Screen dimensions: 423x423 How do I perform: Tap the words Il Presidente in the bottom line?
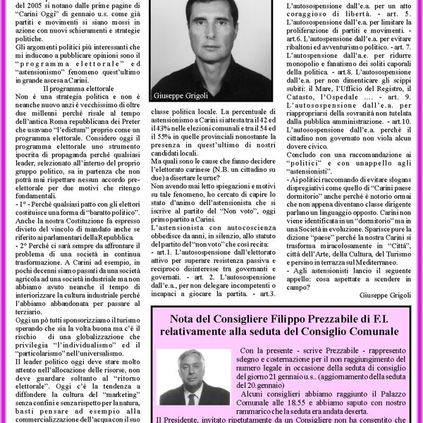(x=180, y=418)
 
